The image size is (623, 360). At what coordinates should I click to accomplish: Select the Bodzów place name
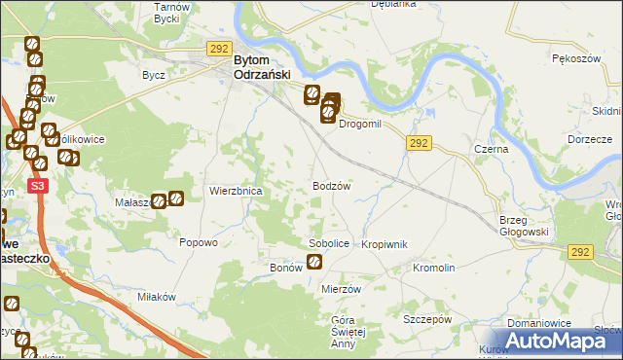click(x=331, y=185)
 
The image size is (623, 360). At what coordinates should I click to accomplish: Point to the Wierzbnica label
click(x=236, y=192)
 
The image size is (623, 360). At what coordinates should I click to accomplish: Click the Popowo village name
click(x=198, y=243)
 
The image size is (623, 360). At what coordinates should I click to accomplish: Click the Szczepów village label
click(x=427, y=318)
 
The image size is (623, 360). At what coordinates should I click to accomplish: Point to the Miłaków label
click(x=156, y=296)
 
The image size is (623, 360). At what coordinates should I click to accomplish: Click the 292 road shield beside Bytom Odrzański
click(x=219, y=48)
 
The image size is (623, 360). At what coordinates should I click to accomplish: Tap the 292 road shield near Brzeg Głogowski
click(x=581, y=251)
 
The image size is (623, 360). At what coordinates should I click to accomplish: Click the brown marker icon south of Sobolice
click(x=314, y=261)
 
